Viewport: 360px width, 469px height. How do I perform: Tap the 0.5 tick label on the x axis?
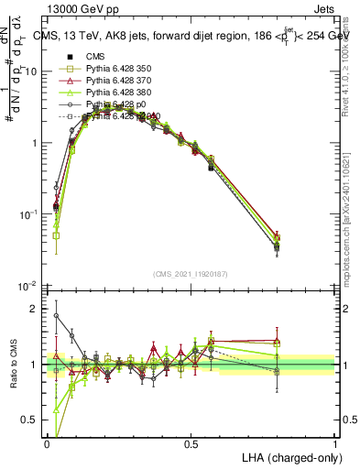click(x=191, y=444)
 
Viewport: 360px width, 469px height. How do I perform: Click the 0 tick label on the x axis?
click(x=47, y=444)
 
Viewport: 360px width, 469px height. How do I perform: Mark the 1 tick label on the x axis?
click(x=334, y=444)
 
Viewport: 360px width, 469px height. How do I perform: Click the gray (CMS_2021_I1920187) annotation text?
click(x=191, y=273)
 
